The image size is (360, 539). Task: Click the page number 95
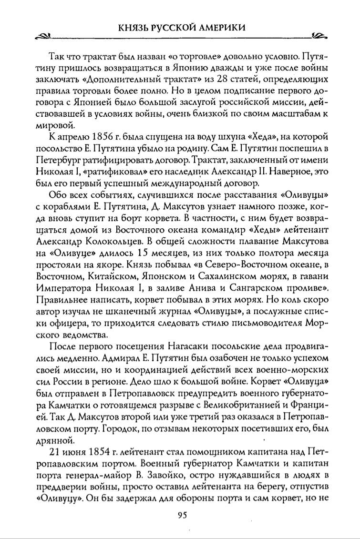181,515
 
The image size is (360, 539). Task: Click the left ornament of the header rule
43,36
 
